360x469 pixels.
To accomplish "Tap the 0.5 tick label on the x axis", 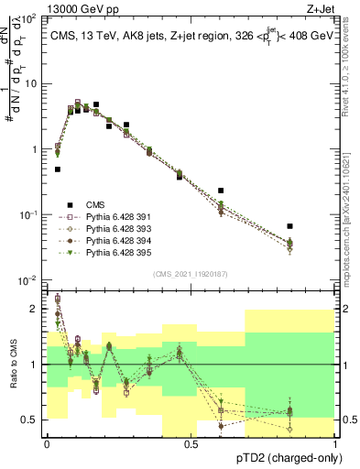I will coord(191,443).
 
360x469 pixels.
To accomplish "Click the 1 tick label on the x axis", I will coord(336,443).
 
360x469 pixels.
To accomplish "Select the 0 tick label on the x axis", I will coord(47,443).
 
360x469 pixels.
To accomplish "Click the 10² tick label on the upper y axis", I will coord(29,18).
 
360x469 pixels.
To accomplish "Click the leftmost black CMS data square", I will coord(58,169).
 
